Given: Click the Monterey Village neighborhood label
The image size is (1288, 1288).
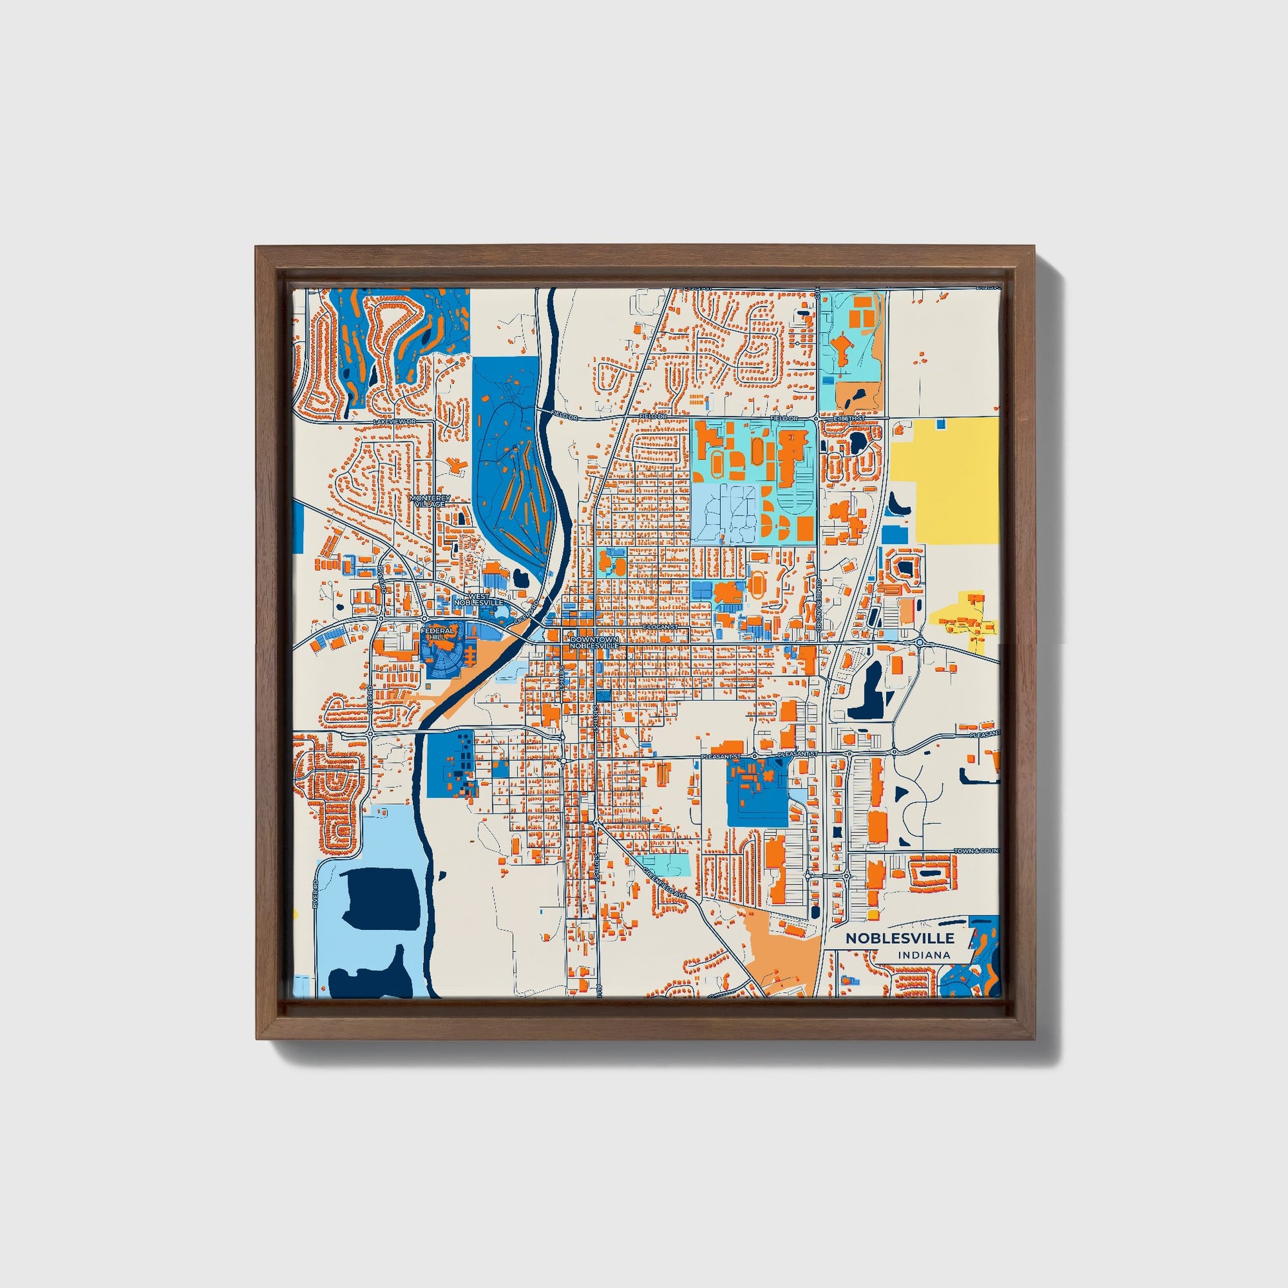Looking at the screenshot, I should (430, 500).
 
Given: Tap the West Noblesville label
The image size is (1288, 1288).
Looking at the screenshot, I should (478, 599).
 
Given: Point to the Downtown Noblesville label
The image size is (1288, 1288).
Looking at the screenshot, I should (594, 643).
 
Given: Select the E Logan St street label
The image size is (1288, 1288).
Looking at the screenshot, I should (661, 628).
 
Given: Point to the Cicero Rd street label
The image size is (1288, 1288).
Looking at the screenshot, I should (526, 612).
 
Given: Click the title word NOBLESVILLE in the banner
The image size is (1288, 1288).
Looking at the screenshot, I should (899, 939).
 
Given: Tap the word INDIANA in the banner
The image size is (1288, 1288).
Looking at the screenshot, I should (924, 955).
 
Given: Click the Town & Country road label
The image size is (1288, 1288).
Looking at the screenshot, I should (978, 851).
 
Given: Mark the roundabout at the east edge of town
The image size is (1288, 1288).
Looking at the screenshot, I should (919, 642).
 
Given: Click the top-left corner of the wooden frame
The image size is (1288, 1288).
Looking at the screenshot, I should (257, 248).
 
